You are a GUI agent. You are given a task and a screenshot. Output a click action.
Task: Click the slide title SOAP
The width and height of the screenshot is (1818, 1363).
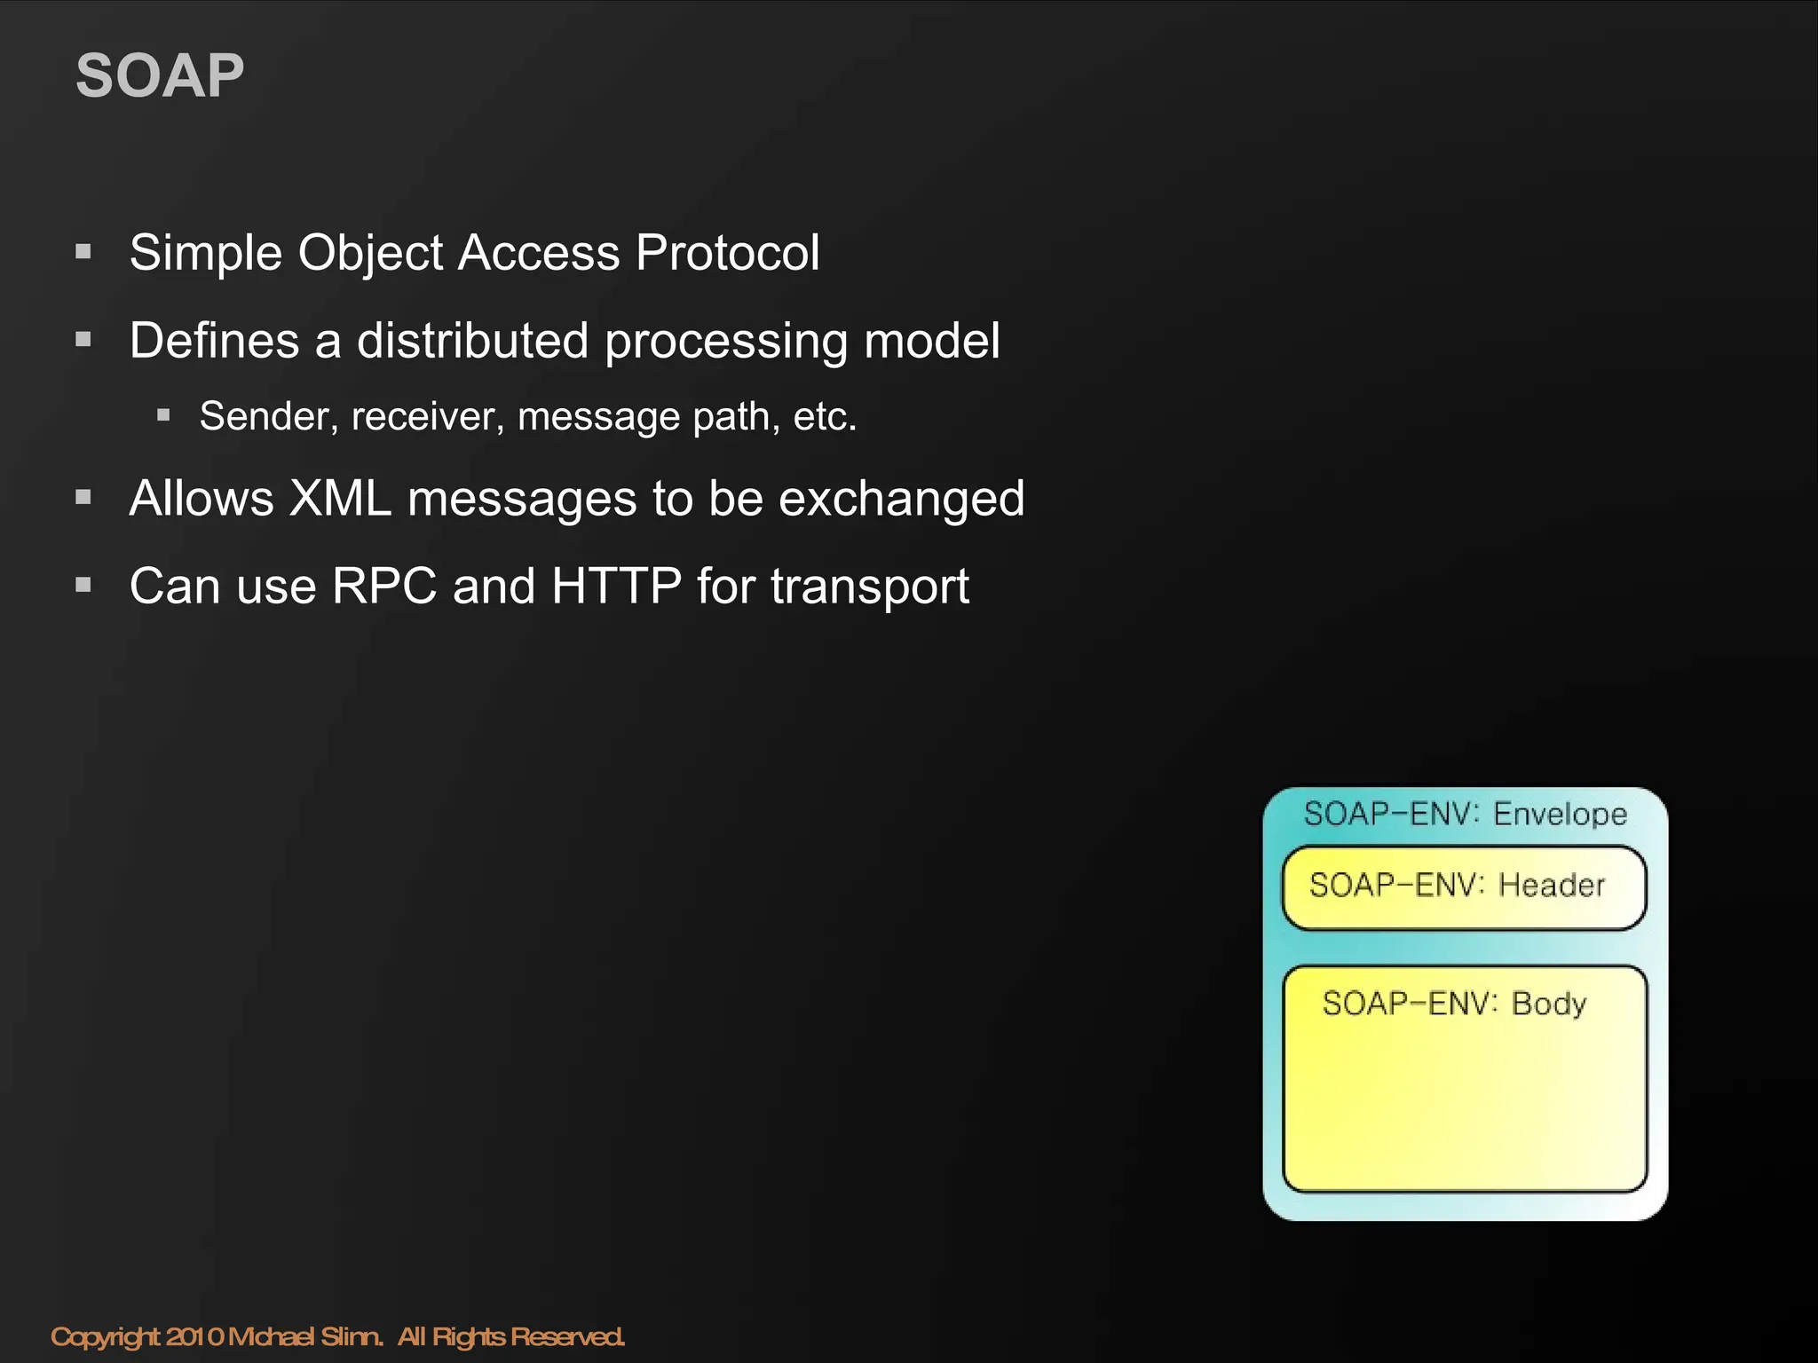(x=160, y=76)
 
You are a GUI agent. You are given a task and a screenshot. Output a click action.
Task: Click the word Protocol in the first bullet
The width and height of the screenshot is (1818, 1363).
(x=728, y=253)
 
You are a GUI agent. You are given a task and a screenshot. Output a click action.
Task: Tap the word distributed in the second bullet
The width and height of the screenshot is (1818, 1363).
(x=472, y=341)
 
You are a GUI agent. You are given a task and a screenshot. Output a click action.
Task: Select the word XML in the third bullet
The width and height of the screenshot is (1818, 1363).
(x=340, y=498)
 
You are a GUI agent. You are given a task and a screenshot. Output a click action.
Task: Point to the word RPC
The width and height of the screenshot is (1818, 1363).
(x=384, y=587)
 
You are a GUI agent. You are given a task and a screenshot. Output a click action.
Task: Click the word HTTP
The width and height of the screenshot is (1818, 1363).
(x=616, y=587)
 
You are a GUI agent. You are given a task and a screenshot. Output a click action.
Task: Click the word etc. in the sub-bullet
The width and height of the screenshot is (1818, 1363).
(x=825, y=417)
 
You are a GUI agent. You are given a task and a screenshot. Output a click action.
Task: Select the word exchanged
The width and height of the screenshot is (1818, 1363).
(x=901, y=499)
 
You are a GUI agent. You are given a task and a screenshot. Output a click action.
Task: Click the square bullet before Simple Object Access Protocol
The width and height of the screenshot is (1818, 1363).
(x=84, y=252)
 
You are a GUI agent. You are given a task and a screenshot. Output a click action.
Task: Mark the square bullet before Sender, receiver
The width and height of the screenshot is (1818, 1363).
(x=163, y=414)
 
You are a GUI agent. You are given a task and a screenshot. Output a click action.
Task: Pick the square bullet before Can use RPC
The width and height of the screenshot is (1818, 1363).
(x=84, y=585)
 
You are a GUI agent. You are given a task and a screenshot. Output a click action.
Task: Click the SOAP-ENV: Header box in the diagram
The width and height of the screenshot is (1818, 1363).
(x=1464, y=888)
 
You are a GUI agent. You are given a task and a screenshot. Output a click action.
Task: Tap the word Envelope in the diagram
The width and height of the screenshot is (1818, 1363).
(x=1560, y=815)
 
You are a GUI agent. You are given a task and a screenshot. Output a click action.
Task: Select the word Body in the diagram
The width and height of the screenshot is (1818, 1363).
(x=1548, y=1005)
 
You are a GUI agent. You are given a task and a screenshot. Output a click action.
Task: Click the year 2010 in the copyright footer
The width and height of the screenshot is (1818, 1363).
(x=195, y=1336)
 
